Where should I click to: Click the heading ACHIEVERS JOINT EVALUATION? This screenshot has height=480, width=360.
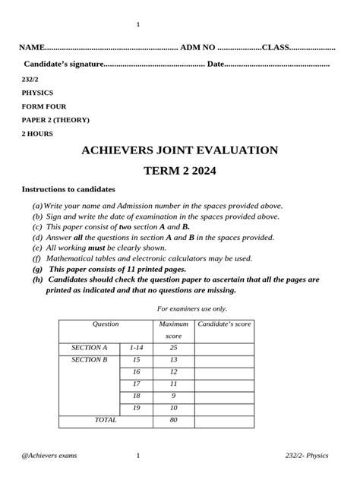[x=180, y=150]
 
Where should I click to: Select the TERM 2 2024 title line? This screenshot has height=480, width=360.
[x=180, y=172]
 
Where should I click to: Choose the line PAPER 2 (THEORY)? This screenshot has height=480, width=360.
[x=55, y=120]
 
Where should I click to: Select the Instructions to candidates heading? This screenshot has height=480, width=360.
[x=68, y=189]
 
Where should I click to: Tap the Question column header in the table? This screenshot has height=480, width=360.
[x=106, y=324]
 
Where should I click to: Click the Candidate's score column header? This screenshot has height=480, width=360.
[x=224, y=324]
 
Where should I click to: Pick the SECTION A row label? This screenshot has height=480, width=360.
[x=90, y=347]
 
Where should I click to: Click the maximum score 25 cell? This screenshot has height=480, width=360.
[x=174, y=347]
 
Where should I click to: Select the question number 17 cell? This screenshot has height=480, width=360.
[x=137, y=384]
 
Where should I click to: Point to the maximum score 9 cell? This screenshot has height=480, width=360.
[x=174, y=396]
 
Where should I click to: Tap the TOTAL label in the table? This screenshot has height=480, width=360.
[x=106, y=419]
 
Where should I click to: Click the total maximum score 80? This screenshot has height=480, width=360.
[x=174, y=419]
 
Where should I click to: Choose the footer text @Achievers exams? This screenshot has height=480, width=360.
[x=49, y=456]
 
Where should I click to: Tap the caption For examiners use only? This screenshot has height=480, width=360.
[x=192, y=308]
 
